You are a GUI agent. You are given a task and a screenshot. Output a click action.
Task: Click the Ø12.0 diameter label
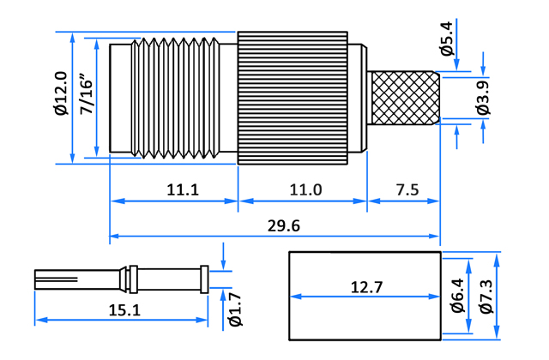pos(61,93)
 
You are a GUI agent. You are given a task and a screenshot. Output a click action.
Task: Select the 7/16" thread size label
pos(87,93)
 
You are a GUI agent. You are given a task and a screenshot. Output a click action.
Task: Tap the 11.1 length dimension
pos(183,190)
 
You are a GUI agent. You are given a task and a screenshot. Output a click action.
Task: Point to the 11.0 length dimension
pos(305,190)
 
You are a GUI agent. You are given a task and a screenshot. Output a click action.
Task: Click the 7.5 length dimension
pos(407,190)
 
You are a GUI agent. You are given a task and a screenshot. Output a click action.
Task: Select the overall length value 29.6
pos(284,226)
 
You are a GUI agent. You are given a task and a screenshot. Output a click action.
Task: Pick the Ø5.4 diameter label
pos(447,39)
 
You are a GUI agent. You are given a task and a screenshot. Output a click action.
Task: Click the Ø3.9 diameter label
pos(484,98)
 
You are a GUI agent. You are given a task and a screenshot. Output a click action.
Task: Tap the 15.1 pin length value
pos(124,310)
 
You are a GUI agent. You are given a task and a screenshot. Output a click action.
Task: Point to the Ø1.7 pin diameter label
pos(236,310)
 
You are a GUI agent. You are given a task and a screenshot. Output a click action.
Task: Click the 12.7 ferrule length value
pos(366,288)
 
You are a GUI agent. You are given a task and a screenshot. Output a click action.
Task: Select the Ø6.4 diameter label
pos(457,296)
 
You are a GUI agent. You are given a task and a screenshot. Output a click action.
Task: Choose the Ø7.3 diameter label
pos(486,297)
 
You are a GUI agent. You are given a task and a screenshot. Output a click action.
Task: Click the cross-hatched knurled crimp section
pos(405,98)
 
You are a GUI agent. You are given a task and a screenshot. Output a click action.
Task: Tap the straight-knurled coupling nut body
pos(293,98)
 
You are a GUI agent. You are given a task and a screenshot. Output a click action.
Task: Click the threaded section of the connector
pos(175,98)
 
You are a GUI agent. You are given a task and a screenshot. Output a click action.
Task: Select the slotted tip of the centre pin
pos(56,279)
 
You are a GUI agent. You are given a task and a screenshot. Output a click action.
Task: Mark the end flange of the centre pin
pos(204,279)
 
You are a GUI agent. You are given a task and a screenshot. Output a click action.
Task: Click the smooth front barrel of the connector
pos(120,98)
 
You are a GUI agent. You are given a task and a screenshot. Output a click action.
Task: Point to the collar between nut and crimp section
pos(358,98)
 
